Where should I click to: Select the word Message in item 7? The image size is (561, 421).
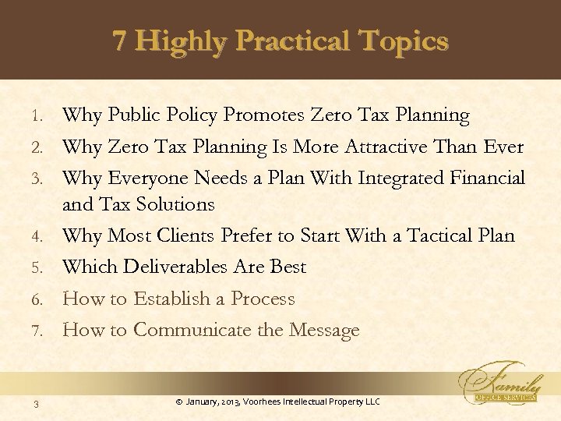323,331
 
